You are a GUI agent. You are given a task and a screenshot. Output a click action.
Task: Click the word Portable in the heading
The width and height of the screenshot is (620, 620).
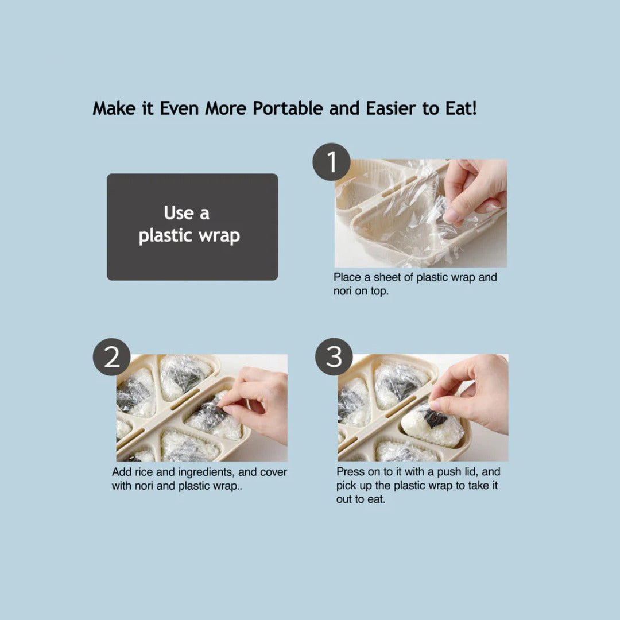288,108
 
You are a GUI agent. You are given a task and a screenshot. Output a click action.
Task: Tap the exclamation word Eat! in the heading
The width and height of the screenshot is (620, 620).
461,108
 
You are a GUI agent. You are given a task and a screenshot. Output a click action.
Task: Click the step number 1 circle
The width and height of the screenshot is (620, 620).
331,162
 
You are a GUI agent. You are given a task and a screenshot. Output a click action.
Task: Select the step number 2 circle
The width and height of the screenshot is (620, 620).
111,357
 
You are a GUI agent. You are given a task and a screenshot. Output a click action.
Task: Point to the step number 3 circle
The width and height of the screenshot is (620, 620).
334,356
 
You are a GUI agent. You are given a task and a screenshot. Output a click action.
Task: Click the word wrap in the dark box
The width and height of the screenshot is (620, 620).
219,236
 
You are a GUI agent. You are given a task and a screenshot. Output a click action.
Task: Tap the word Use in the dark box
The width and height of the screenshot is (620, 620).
179,213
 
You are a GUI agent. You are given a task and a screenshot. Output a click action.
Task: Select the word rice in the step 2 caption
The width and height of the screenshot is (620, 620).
144,472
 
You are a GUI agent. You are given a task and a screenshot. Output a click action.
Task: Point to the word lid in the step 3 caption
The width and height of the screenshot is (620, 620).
471,472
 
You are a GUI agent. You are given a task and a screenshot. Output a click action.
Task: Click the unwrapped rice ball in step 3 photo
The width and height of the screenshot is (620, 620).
432,428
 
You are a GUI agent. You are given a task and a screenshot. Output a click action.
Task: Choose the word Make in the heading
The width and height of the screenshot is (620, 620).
114,108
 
